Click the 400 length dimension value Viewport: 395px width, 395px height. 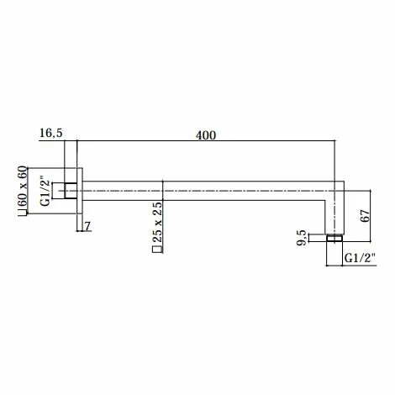click(206, 135)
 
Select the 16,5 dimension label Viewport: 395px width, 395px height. click(51, 133)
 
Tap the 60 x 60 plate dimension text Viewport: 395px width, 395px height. click(23, 187)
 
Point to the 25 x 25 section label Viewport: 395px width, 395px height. click(157, 222)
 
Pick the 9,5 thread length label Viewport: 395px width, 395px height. click(302, 238)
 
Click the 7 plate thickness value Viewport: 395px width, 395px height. click(88, 226)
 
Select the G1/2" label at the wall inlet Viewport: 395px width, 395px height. click(45, 191)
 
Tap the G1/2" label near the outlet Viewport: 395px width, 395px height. click(360, 258)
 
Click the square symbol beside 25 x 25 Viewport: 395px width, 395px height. click(157, 250)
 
